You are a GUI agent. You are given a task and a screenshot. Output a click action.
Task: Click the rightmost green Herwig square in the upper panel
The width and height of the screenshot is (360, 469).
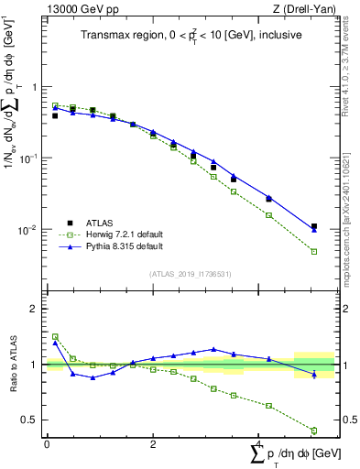point(313,252)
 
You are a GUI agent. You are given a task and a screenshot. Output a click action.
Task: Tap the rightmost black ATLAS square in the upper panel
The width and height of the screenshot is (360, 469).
point(313,226)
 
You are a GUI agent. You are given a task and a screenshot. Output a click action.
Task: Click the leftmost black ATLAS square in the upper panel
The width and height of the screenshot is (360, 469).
point(55,115)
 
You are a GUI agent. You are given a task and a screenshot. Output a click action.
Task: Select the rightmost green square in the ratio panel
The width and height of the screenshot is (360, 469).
point(313,431)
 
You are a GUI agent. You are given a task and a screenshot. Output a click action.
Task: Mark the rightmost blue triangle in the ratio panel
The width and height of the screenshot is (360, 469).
point(313,375)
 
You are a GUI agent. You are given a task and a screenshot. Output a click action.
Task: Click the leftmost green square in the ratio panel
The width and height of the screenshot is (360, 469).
point(55,336)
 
